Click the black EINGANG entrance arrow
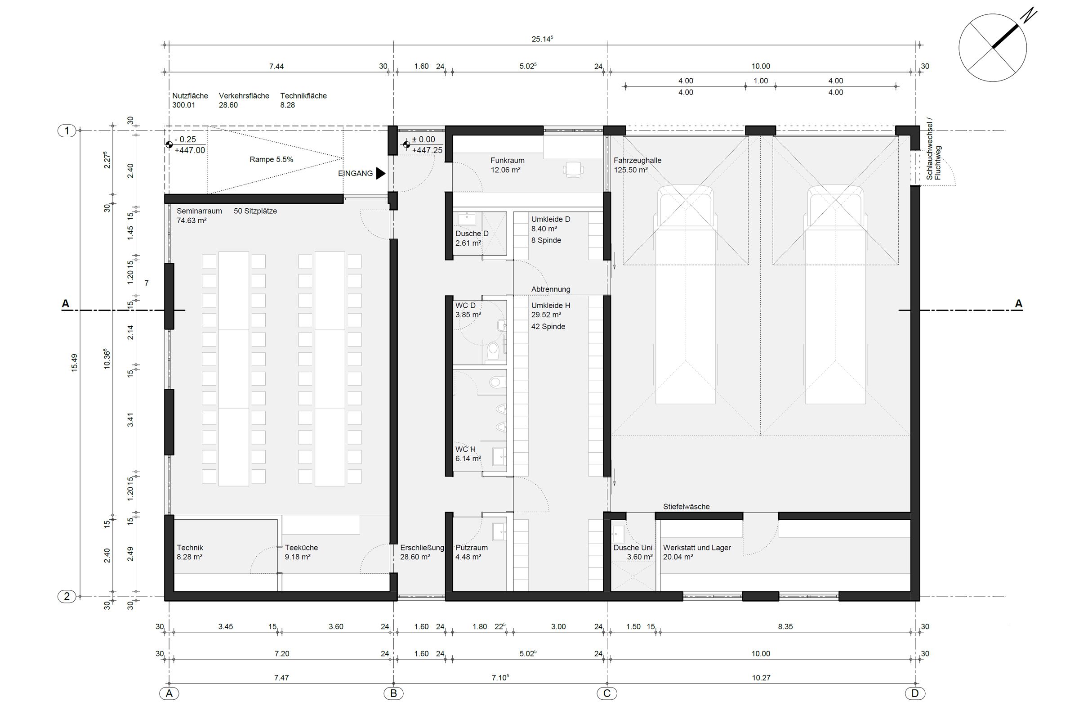[380, 173]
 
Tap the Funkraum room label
[507, 161]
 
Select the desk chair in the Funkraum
[573, 170]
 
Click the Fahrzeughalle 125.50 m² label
[637, 165]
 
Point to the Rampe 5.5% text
[271, 160]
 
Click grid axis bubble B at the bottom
[393, 693]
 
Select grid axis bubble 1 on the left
[67, 131]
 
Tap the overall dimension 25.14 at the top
[542, 40]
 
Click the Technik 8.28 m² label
[189, 552]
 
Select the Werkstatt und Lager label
[696, 548]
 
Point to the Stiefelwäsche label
[686, 507]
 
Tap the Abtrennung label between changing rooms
[550, 289]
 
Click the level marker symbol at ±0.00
[406, 145]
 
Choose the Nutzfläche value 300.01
[183, 105]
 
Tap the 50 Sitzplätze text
[255, 211]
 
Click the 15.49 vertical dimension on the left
[74, 362]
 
